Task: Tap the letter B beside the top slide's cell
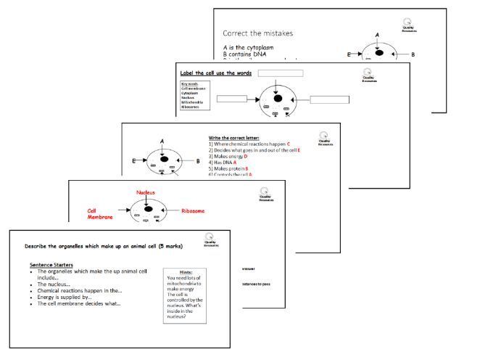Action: [413, 54]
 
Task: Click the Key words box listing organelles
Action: [195, 95]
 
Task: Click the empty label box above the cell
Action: [279, 73]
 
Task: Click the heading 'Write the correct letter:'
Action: [233, 138]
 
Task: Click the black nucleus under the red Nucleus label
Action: [149, 209]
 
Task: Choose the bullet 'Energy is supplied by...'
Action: [75, 296]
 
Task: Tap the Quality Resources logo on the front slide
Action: [210, 241]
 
